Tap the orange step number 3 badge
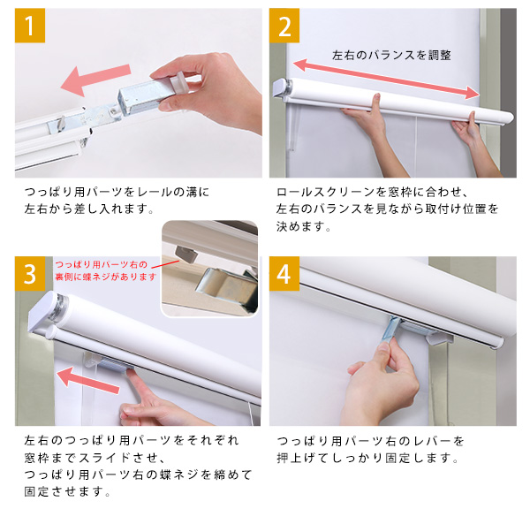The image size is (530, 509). [28, 274]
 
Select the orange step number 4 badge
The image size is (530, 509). [284, 274]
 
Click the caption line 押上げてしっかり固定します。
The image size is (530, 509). [367, 459]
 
